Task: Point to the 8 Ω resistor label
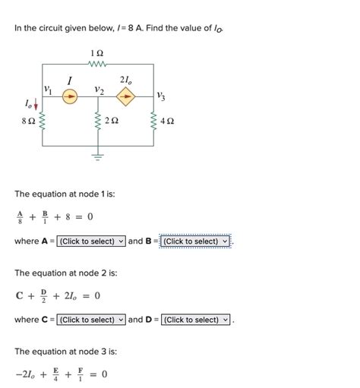click(x=28, y=121)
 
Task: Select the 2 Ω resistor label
click(x=112, y=121)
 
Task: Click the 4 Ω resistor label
click(x=168, y=121)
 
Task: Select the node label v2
click(x=99, y=90)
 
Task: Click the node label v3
click(x=160, y=96)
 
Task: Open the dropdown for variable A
click(x=91, y=241)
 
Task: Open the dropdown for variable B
click(x=195, y=241)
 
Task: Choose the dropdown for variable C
click(x=91, y=320)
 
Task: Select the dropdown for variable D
click(x=195, y=320)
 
